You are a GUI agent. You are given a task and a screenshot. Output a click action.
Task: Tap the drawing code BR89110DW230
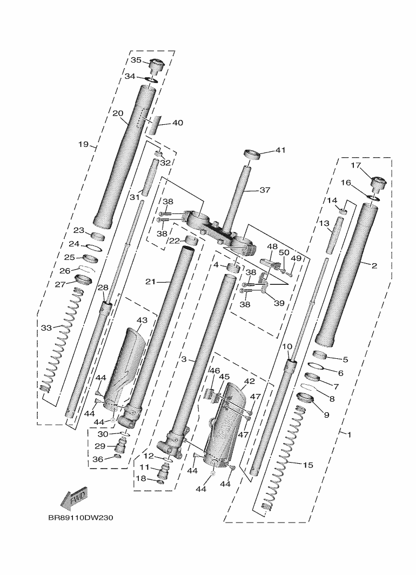80,517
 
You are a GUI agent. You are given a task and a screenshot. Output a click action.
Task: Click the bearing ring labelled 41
252,155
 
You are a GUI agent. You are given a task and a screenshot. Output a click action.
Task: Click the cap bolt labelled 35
157,65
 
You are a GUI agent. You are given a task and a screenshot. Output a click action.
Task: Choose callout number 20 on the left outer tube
118,113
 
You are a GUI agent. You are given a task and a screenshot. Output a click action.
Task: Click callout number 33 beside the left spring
46,327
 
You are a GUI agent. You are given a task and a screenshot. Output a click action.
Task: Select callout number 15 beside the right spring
307,464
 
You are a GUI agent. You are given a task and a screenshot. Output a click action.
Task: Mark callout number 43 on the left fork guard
142,320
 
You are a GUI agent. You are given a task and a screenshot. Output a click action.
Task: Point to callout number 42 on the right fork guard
249,380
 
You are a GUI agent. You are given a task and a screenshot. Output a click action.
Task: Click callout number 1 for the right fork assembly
349,434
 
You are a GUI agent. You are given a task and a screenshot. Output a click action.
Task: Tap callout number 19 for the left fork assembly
83,144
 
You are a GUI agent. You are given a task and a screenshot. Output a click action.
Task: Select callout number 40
178,123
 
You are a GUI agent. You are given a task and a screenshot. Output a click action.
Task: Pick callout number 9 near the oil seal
326,414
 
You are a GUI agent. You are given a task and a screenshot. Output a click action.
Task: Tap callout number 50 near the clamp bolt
284,252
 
